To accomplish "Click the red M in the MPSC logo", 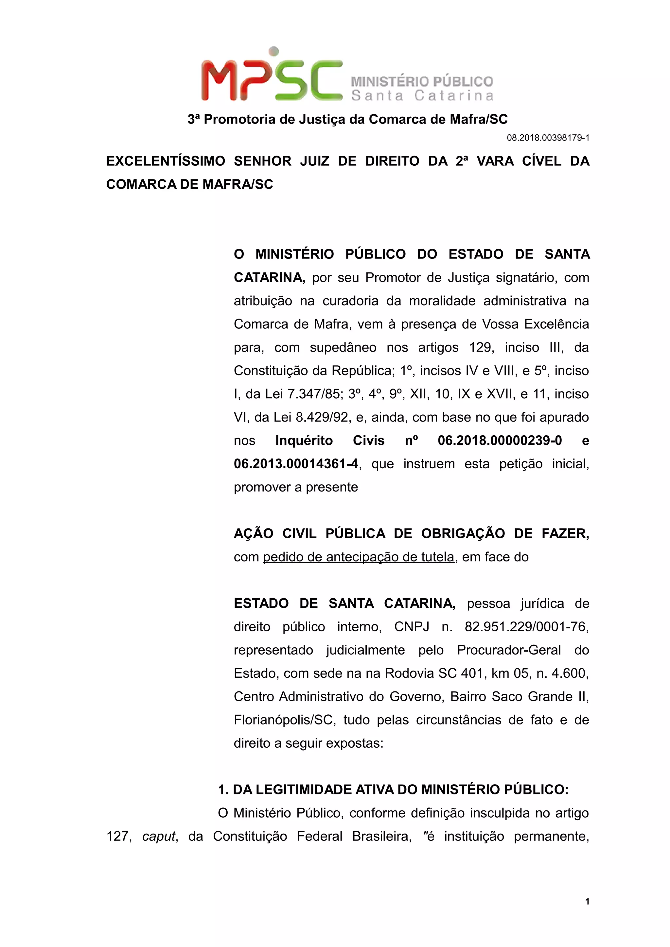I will click(x=219, y=80).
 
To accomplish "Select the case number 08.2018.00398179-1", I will click(x=548, y=138).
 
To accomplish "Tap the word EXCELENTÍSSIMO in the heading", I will click(x=166, y=161).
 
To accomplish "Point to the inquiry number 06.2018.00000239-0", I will click(x=500, y=440).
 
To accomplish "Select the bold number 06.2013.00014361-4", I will click(x=296, y=464).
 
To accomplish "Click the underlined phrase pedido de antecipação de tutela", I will click(x=358, y=557).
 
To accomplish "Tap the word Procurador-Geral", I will click(x=509, y=650).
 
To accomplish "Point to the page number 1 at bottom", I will click(x=587, y=901).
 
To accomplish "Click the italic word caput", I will click(x=159, y=836).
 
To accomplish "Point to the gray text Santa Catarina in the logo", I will click(x=422, y=96).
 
